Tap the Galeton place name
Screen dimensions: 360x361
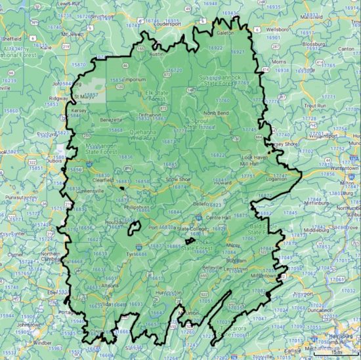[225, 31]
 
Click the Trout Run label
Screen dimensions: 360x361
[315, 106]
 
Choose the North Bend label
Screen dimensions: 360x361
[216, 113]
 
